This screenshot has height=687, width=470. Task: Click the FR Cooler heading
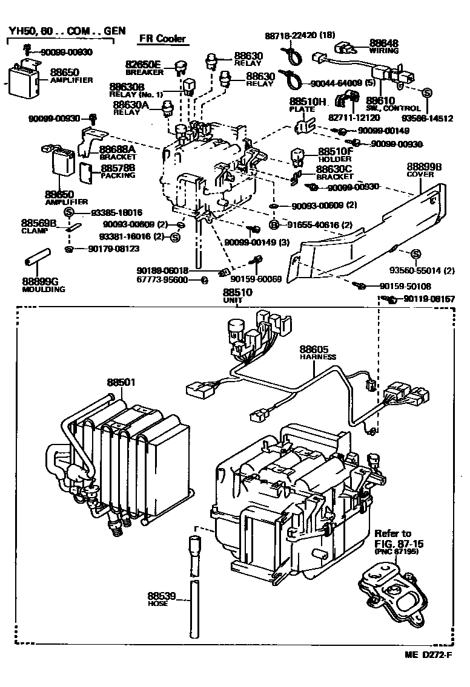[161, 39]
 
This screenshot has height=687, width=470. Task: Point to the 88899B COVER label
[424, 169]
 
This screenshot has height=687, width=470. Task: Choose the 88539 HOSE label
[162, 599]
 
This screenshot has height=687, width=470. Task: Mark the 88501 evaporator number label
[122, 382]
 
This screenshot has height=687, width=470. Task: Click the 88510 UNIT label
[237, 296]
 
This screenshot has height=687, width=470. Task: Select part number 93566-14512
[431, 119]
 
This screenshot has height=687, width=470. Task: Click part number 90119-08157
[429, 299]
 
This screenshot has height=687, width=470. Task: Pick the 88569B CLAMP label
[39, 226]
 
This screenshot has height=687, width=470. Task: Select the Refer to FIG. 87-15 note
[393, 545]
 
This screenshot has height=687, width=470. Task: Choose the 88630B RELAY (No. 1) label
[131, 91]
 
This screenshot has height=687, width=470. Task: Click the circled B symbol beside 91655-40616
[274, 225]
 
